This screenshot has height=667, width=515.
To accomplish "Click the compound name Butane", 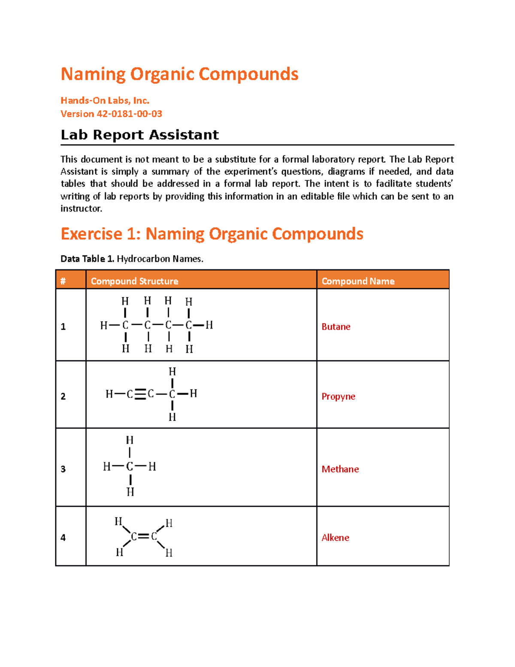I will [x=336, y=326].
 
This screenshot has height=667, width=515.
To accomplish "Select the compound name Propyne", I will [x=338, y=396].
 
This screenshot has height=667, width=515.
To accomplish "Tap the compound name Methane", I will [x=340, y=469].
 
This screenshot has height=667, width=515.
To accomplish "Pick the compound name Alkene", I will [x=335, y=538].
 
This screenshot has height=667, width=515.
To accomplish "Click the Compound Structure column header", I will [x=134, y=281].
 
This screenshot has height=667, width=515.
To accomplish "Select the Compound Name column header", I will [x=358, y=281].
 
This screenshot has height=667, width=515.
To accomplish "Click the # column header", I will [x=63, y=281].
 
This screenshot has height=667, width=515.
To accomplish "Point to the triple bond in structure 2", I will [x=140, y=394].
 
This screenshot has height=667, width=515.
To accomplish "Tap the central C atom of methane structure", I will [x=130, y=466].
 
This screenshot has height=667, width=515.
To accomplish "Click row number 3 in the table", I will [x=63, y=469].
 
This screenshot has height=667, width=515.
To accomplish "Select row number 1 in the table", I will [x=63, y=327].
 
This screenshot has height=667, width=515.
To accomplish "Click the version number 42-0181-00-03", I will [x=129, y=114].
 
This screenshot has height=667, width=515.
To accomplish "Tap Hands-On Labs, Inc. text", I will [x=105, y=101].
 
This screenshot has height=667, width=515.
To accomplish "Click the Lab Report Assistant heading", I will [x=139, y=135].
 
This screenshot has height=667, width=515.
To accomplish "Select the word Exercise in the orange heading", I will [x=91, y=234].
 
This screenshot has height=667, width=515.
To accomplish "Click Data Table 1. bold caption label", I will [x=88, y=259].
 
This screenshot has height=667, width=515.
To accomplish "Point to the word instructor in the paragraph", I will [x=81, y=209].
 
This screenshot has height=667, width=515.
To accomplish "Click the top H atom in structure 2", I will [x=172, y=372].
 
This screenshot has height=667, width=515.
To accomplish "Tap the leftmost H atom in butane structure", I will [x=103, y=326].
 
